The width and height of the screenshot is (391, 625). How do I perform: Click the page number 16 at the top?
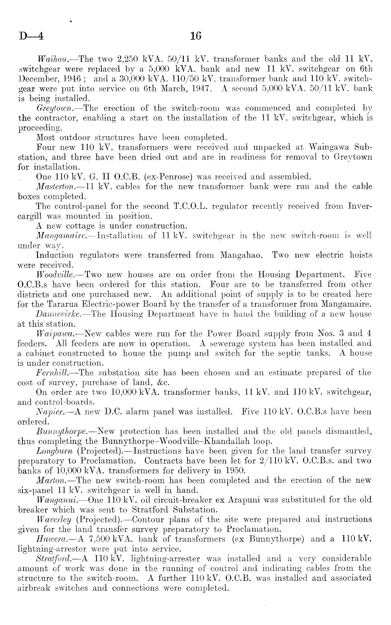(195, 36)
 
